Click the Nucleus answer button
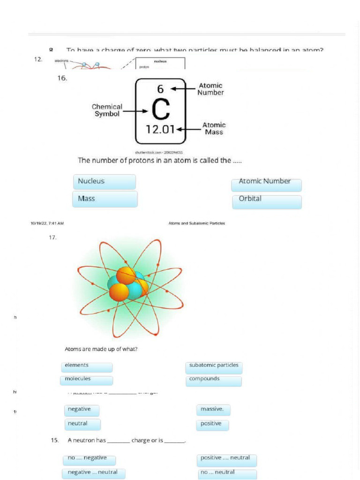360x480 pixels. click(105, 182)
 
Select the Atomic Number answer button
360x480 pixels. click(266, 185)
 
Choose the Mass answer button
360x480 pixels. click(105, 199)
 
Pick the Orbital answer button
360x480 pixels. click(266, 202)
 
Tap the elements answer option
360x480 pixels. click(87, 367)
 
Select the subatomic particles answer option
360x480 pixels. click(214, 367)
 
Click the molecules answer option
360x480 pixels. click(87, 380)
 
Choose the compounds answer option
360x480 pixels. click(214, 381)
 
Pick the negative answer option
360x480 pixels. click(82, 410)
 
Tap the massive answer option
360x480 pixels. click(213, 410)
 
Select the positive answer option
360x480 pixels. click(212, 425)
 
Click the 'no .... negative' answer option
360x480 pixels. click(89, 459)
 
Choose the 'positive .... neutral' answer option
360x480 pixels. click(226, 459)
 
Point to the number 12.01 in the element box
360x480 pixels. click(160, 130)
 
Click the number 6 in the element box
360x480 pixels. click(160, 89)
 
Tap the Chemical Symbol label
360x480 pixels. click(107, 111)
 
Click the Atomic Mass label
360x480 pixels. click(214, 128)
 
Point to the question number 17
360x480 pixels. click(52, 238)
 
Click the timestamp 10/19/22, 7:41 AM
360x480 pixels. click(47, 224)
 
